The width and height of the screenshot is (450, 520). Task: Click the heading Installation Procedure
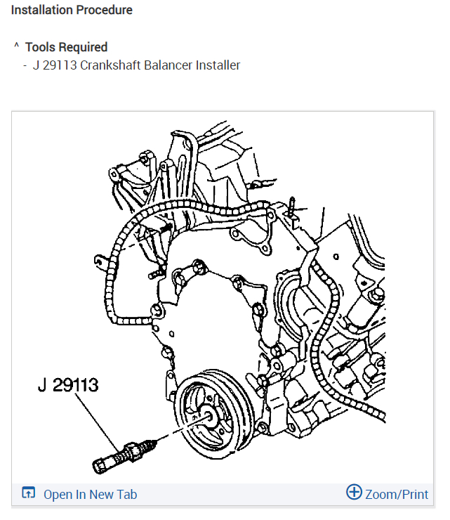72,11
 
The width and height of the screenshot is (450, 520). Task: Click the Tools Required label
66,47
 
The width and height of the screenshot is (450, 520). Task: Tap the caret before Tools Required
16,46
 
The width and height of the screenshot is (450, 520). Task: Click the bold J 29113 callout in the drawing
68,385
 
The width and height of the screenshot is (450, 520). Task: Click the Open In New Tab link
90,494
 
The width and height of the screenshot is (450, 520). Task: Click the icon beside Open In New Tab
29,493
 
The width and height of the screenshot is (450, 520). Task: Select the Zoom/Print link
396,494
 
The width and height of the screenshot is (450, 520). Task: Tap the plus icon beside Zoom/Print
354,493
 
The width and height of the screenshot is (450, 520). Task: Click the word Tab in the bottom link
126,494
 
